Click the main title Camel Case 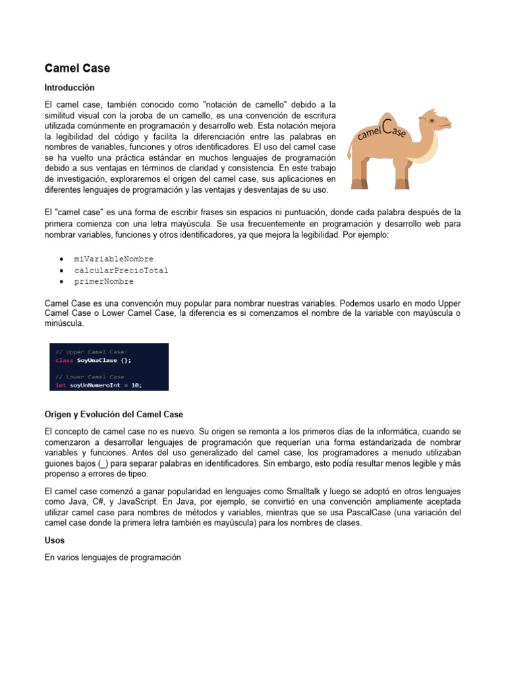point(77,68)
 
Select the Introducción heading point(69,87)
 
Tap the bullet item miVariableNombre point(113,259)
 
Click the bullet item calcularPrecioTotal point(121,270)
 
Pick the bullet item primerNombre point(103,281)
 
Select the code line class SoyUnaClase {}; point(94,361)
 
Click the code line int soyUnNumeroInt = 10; point(98,385)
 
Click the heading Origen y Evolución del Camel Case point(113,414)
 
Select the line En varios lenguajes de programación point(112,557)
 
